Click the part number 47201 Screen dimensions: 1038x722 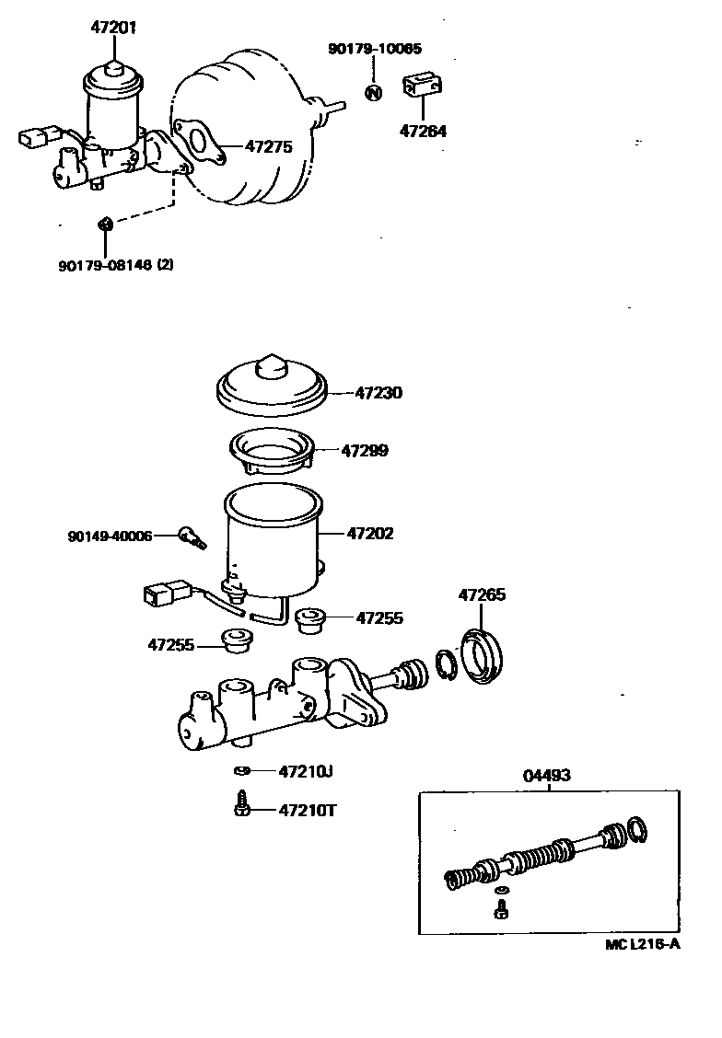tap(113, 28)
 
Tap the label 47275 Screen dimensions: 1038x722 tap(269, 145)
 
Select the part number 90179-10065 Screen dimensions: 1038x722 tap(374, 48)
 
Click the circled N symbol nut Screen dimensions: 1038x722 tap(373, 92)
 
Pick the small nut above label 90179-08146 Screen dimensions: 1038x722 tap(105, 222)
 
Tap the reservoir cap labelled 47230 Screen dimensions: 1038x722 tap(274, 386)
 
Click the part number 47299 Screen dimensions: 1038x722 tap(365, 451)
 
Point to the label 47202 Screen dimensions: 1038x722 tap(370, 533)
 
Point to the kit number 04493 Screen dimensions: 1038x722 tap(546, 775)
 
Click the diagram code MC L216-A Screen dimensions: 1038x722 tap(642, 944)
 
